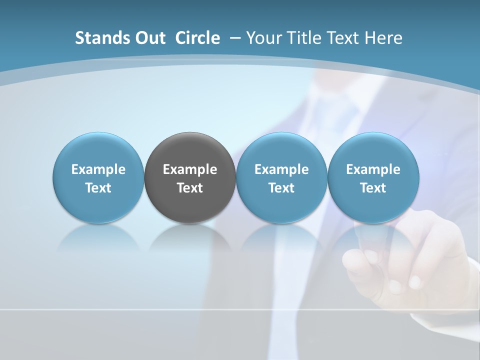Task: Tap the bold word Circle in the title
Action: [197, 38]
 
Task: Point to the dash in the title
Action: [234, 38]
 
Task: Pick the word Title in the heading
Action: [304, 38]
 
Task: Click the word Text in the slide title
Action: [342, 38]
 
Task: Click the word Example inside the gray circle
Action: [190, 169]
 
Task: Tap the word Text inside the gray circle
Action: [190, 188]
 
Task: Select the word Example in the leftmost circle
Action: [98, 169]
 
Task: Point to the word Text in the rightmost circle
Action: [373, 188]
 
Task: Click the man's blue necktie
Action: [345, 110]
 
